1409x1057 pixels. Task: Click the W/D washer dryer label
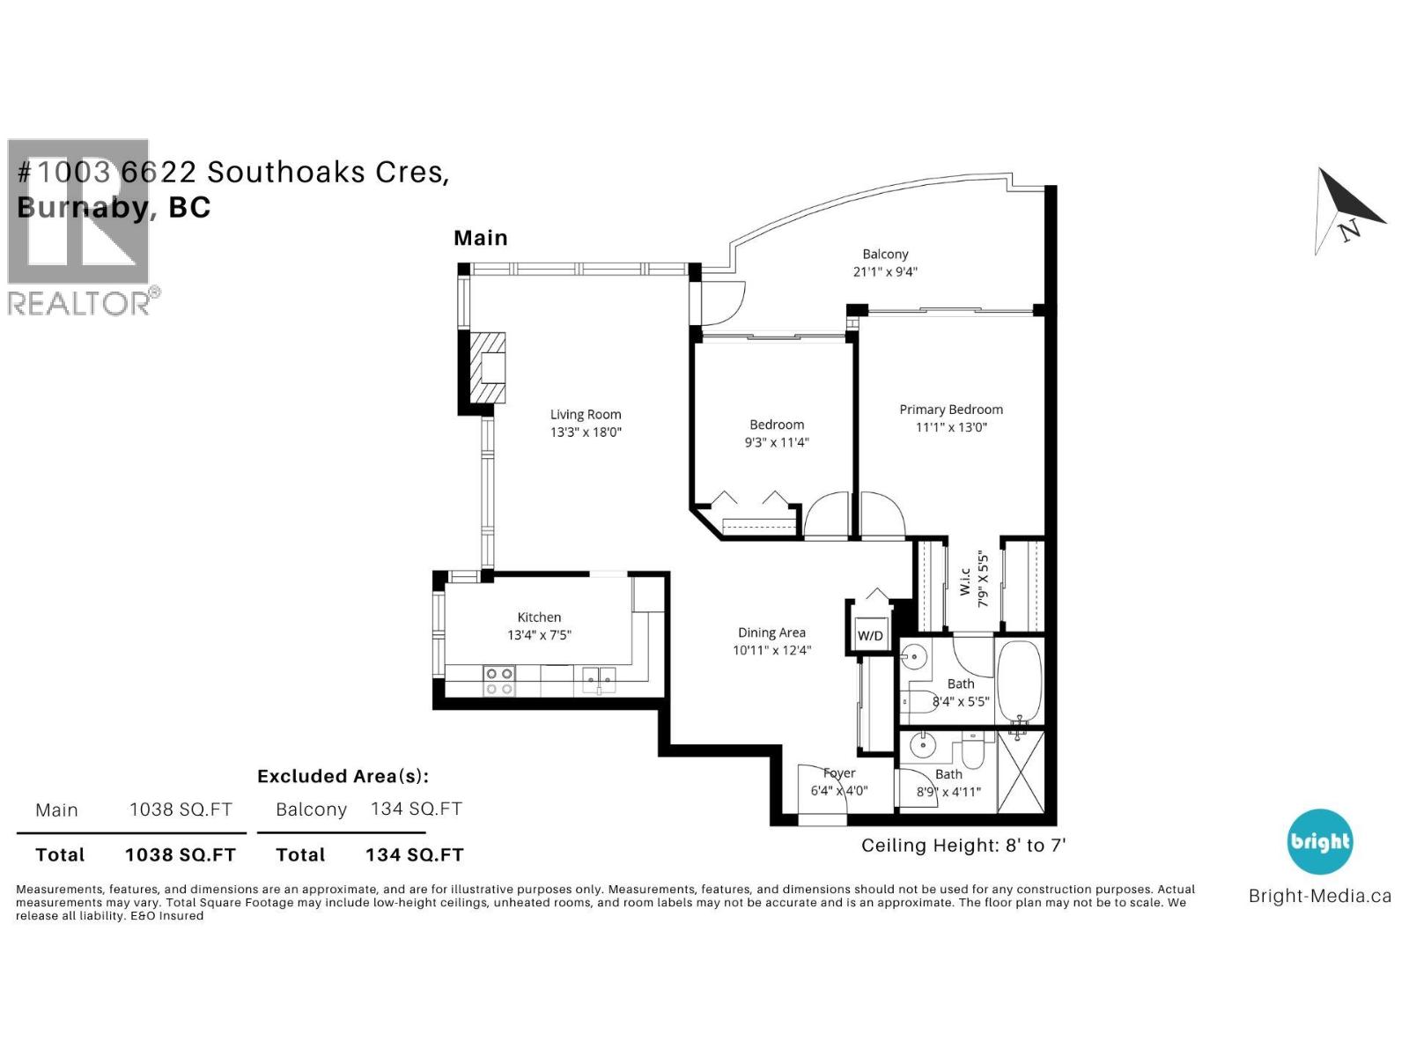tap(870, 635)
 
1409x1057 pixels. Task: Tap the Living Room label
tap(586, 414)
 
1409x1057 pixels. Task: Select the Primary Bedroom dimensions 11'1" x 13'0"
tap(951, 427)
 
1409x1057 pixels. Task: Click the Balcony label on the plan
tap(885, 254)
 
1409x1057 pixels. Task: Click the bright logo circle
tap(1319, 841)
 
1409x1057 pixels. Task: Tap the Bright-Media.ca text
tap(1319, 896)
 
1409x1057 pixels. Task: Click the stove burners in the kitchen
tap(499, 681)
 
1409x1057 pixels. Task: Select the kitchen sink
tap(599, 680)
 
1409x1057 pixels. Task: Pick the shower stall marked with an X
tap(1020, 772)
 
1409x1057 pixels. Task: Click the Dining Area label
tap(771, 632)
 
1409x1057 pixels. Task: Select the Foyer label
tap(838, 773)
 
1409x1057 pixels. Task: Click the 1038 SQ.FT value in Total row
tap(180, 854)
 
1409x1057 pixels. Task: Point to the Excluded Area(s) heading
tap(343, 776)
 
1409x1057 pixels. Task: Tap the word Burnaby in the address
tap(84, 207)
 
